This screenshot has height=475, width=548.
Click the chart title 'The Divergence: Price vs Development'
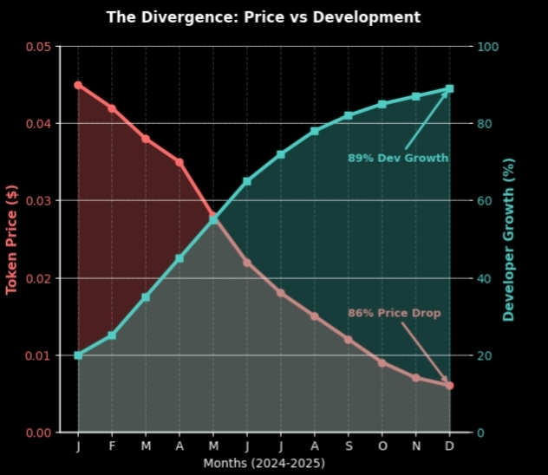(x=263, y=17)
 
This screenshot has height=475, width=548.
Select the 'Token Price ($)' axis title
(x=12, y=239)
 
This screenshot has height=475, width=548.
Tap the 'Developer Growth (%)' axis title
(x=509, y=239)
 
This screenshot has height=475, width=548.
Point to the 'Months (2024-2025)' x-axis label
(x=264, y=464)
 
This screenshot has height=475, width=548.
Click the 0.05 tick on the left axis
(x=38, y=47)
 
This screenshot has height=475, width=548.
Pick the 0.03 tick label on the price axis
(x=38, y=201)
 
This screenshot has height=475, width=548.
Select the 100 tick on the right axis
(x=488, y=47)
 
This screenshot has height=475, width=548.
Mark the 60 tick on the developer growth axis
(x=486, y=201)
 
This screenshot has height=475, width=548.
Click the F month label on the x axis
(x=112, y=446)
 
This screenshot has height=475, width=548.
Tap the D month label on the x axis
(x=450, y=446)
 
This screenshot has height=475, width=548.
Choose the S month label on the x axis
(x=349, y=446)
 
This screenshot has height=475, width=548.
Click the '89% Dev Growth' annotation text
(x=398, y=159)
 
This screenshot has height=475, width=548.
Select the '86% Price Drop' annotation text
(x=395, y=313)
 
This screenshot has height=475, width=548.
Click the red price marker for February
(x=112, y=108)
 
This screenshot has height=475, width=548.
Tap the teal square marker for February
(x=112, y=335)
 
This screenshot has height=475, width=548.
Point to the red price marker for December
(x=450, y=386)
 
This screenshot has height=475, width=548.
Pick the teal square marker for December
(x=450, y=88)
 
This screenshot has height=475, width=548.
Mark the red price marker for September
(x=349, y=340)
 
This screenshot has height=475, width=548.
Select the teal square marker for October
(x=382, y=104)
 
